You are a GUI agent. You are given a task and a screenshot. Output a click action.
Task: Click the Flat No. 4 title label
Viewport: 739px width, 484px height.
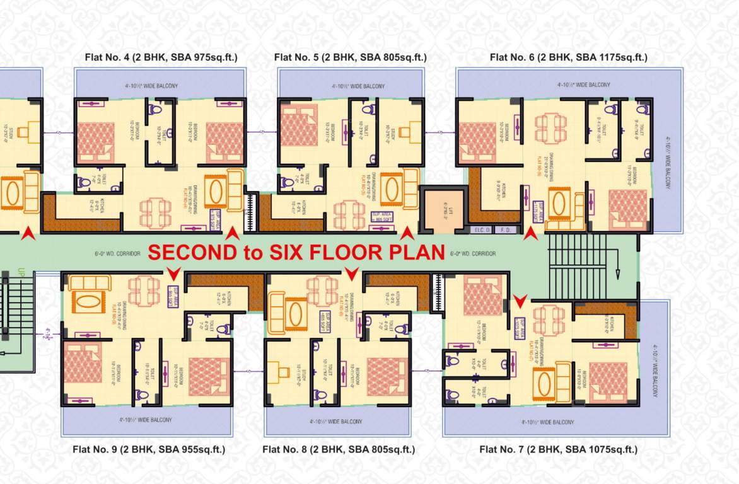(x=161, y=57)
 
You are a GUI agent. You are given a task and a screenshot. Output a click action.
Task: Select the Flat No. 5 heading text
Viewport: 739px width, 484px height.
(x=350, y=57)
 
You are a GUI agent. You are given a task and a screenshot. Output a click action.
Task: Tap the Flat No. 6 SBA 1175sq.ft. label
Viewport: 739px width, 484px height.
(x=568, y=57)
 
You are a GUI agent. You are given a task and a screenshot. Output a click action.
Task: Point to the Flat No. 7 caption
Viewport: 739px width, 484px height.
(x=558, y=449)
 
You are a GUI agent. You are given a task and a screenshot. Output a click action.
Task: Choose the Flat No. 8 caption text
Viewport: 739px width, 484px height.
(x=339, y=449)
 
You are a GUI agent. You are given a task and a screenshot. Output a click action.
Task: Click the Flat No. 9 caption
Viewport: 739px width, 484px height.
(x=149, y=449)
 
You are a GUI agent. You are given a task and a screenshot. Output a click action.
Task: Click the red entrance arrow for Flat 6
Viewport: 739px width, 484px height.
(x=530, y=234)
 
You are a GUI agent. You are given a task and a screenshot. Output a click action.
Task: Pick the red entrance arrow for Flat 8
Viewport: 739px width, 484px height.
(x=352, y=274)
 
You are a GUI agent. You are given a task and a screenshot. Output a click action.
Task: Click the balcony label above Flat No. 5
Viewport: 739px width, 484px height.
(x=350, y=86)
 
